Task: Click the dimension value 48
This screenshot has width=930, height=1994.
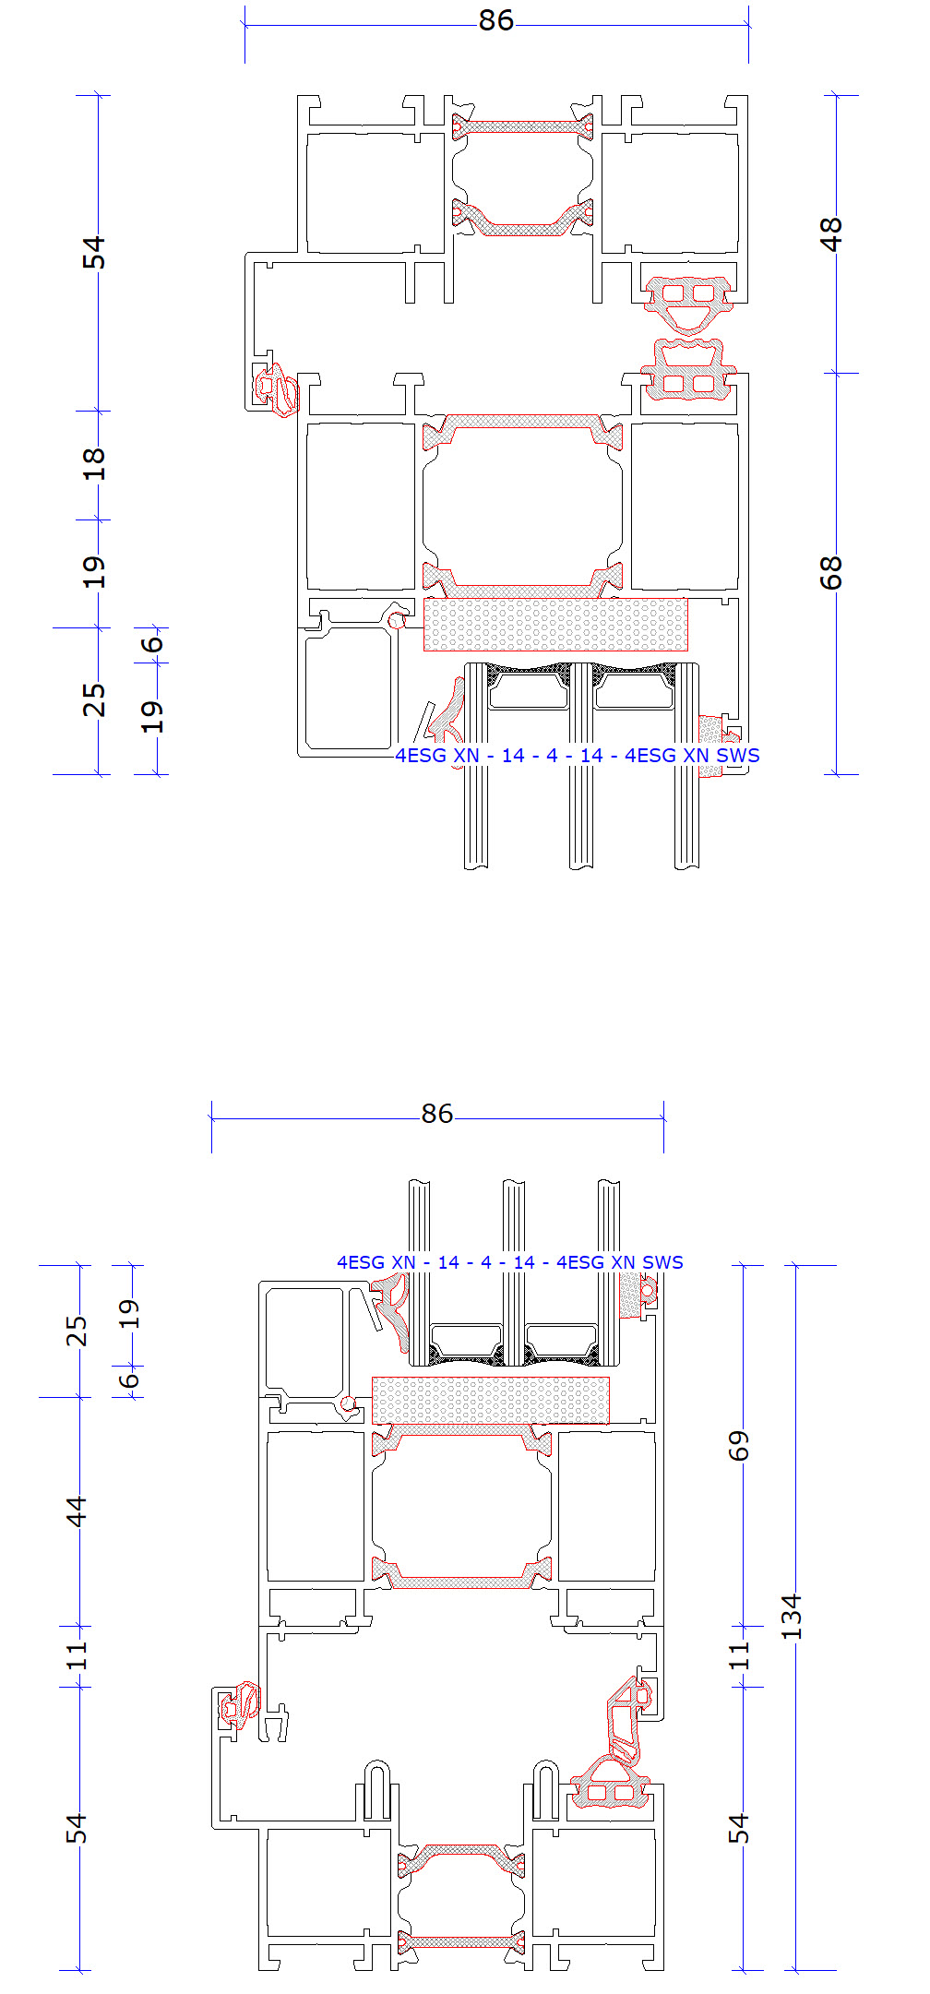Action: point(831,233)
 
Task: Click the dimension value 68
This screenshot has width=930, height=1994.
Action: point(831,573)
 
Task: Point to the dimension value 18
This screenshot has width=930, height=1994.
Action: point(94,464)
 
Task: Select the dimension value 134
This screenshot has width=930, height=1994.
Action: point(792,1616)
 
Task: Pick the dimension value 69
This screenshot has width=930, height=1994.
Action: point(739,1446)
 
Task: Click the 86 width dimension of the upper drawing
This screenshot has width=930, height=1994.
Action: point(495,20)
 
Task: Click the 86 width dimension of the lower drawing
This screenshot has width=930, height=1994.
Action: point(437,1114)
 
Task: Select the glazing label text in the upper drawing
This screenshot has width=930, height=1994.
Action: point(578,756)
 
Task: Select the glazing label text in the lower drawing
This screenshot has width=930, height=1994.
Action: point(510,1262)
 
